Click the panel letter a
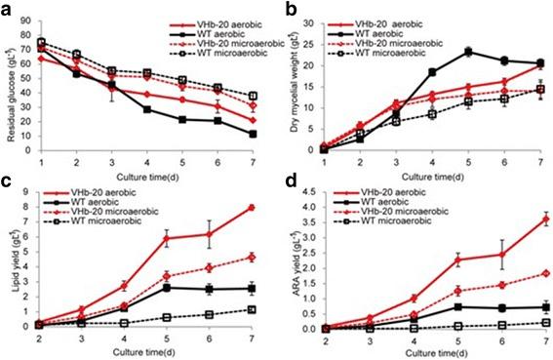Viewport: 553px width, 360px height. pyautogui.click(x=8, y=9)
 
